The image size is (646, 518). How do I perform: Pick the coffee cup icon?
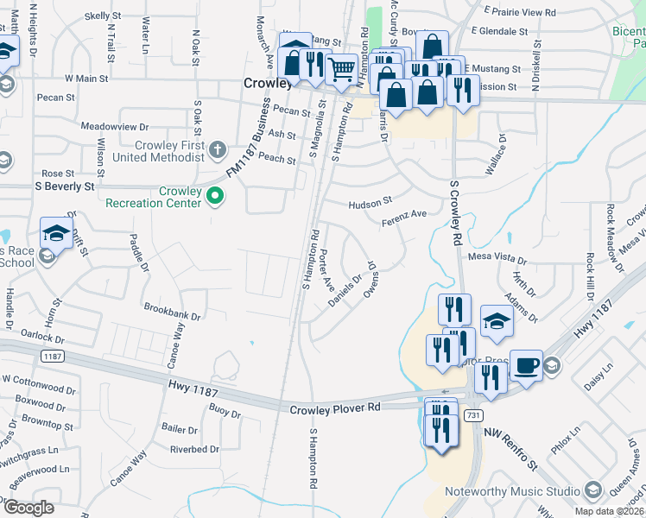[526, 364]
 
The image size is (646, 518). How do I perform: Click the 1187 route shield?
[53, 356]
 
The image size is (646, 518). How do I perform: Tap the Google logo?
[29, 508]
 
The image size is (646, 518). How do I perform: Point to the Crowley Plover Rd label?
[335, 409]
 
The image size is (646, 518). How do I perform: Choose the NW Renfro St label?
[510, 449]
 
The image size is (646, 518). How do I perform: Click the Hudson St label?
[370, 205]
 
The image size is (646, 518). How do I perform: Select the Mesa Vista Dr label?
[497, 257]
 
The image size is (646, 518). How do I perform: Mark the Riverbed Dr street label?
[194, 450]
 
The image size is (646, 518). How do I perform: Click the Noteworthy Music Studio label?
[513, 491]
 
